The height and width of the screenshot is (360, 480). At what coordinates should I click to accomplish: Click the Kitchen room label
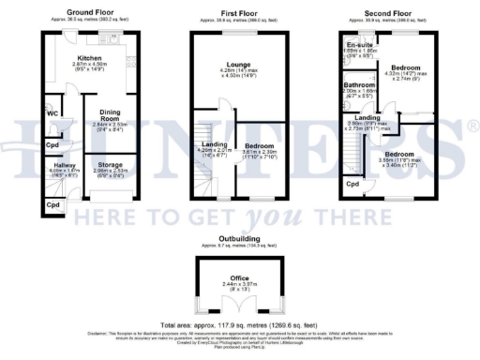click(88, 57)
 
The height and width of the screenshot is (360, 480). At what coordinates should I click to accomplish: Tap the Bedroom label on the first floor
click(262, 147)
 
